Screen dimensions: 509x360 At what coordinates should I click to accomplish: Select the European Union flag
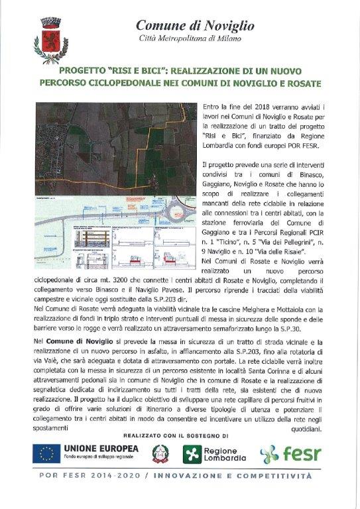46,454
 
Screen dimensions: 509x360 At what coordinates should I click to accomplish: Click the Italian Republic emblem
160,454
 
